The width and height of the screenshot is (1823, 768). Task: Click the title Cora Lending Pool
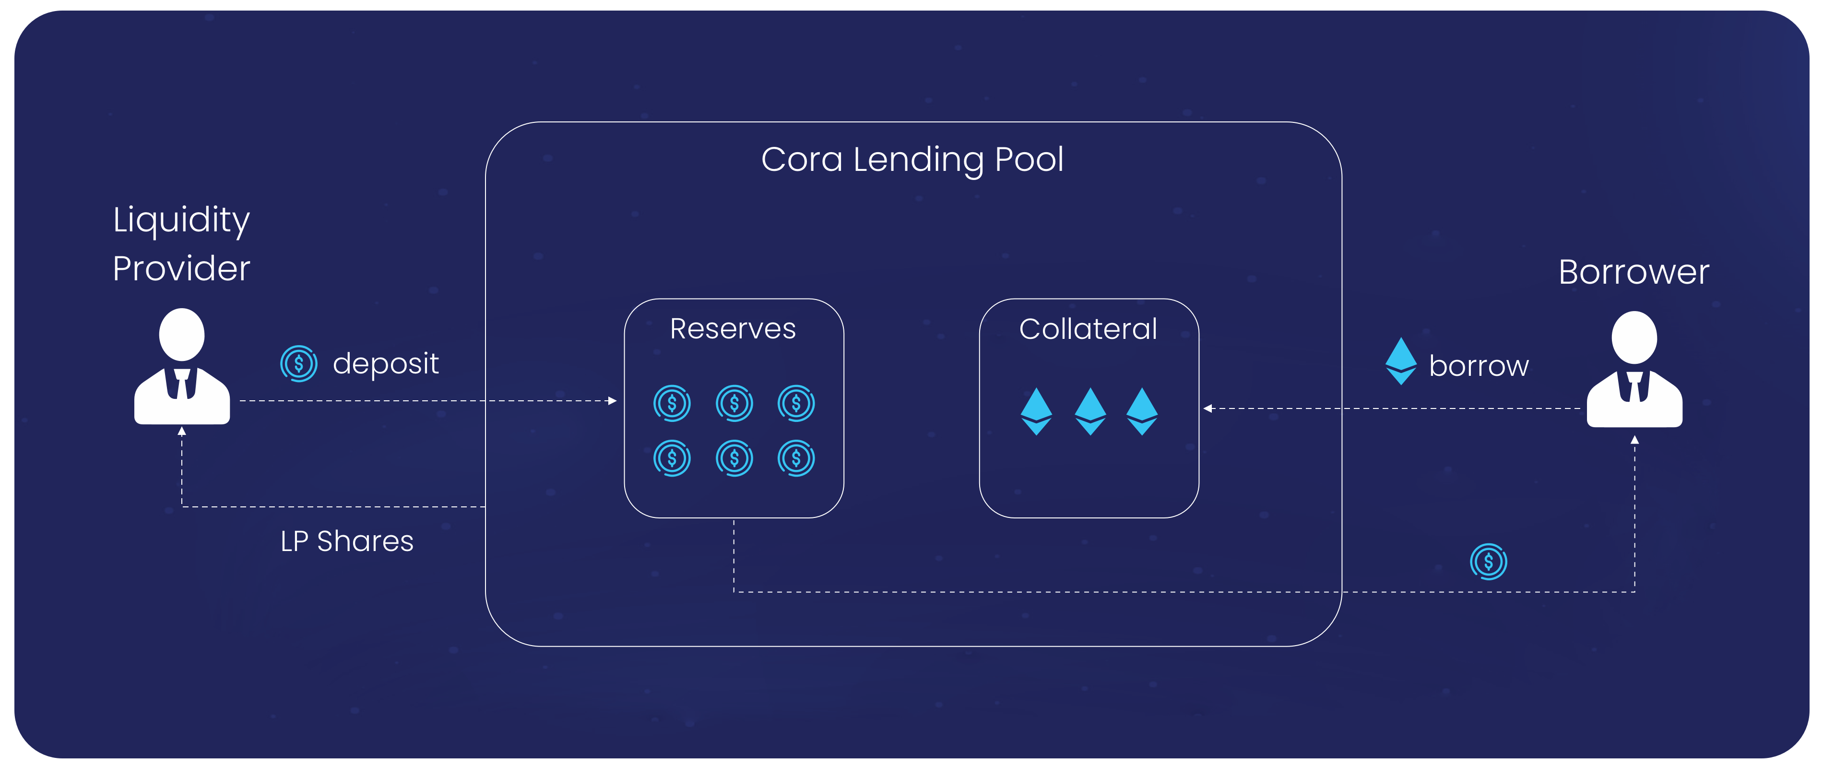[912, 160]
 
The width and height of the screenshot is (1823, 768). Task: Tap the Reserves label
[733, 329]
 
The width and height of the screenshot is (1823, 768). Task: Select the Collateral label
[1089, 329]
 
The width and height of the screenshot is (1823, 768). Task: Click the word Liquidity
[181, 220]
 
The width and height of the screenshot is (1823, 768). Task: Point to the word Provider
[181, 269]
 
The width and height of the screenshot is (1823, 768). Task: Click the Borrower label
[1634, 273]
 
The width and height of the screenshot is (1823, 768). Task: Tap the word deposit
[386, 364]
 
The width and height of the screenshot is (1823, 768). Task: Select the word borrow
[1479, 366]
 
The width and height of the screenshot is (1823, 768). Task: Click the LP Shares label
[347, 541]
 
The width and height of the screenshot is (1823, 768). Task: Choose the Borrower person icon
[1634, 370]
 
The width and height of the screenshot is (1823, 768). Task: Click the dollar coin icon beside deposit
[299, 364]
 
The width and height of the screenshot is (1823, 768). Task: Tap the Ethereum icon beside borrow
[1400, 361]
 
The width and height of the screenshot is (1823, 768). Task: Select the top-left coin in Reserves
[672, 404]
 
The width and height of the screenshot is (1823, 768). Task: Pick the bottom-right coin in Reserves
[796, 459]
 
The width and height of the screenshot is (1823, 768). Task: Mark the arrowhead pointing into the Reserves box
[613, 401]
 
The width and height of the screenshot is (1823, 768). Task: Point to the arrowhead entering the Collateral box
[1208, 408]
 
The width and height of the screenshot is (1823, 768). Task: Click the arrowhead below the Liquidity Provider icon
[182, 431]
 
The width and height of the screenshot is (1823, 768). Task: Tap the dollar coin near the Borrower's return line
[1488, 562]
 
